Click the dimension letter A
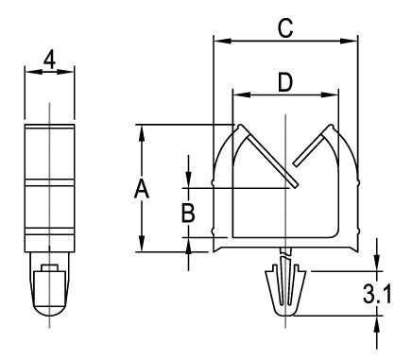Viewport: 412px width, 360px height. (x=142, y=188)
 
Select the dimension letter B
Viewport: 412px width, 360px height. (x=188, y=213)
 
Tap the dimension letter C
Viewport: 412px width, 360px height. (x=285, y=28)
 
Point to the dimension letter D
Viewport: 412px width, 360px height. (x=285, y=82)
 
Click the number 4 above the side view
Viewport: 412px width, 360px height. (x=49, y=60)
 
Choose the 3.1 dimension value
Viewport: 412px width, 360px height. (x=377, y=294)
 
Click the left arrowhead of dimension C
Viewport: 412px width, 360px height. (x=222, y=41)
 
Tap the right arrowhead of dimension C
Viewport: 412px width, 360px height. (x=349, y=41)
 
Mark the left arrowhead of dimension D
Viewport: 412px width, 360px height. (x=242, y=94)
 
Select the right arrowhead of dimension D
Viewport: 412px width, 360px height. (x=330, y=94)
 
